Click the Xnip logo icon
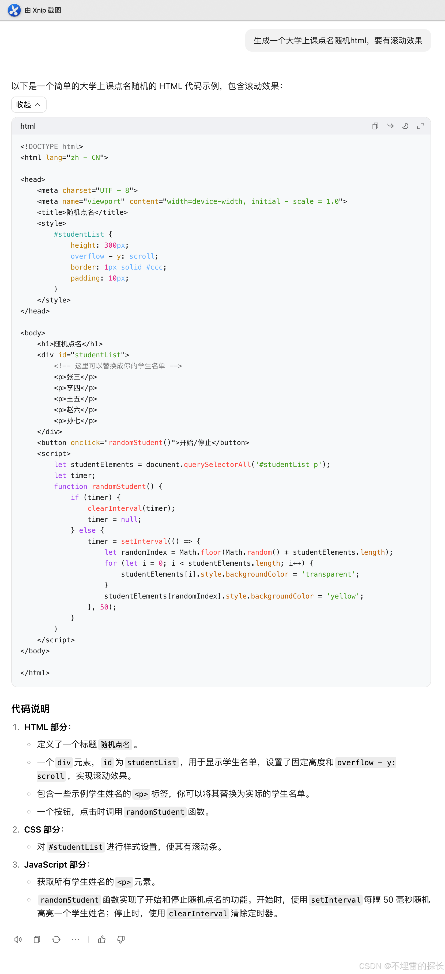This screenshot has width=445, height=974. [14, 10]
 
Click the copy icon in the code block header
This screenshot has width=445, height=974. [375, 126]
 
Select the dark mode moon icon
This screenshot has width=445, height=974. [405, 126]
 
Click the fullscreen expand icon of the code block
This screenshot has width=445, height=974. [420, 126]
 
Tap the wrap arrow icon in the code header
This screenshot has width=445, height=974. [390, 126]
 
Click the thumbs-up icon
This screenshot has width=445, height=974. [102, 939]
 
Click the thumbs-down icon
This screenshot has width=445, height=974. [121, 939]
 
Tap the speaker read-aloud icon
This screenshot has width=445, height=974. [18, 939]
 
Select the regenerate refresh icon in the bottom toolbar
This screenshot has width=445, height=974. [56, 939]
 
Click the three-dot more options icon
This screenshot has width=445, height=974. [75, 939]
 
